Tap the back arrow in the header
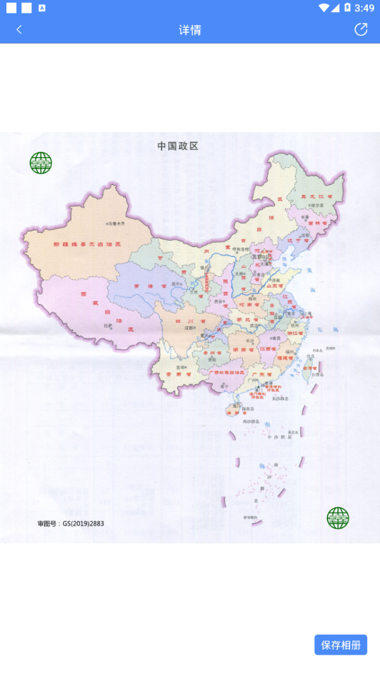(19, 29)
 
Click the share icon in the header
(361, 29)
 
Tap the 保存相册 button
(341, 645)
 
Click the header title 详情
(190, 30)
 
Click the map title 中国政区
(178, 146)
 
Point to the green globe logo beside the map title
(41, 163)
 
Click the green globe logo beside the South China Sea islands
(338, 518)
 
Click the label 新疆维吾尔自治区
(87, 244)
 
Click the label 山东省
(278, 285)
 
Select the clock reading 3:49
(364, 8)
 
